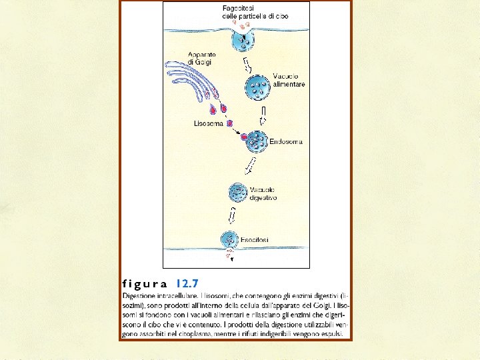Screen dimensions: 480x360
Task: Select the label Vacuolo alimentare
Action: point(289,81)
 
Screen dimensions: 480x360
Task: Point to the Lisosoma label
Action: point(208,123)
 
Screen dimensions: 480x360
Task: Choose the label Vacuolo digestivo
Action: point(263,193)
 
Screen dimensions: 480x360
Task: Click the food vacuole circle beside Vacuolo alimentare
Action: point(257,86)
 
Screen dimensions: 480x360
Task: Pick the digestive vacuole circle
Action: point(238,193)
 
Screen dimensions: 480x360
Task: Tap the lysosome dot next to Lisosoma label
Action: point(229,123)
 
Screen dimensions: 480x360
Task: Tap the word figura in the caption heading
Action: point(145,283)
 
